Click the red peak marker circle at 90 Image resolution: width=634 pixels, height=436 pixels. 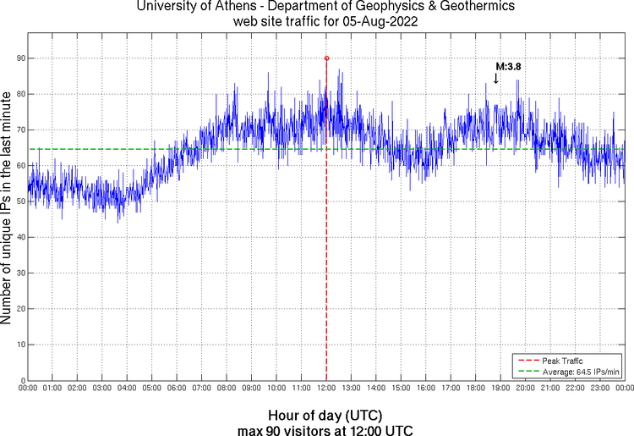pos(326,58)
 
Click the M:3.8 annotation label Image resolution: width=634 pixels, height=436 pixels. pos(507,65)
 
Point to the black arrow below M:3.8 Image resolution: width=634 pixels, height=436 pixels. pos(496,78)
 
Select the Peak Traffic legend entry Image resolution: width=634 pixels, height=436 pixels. pos(562,360)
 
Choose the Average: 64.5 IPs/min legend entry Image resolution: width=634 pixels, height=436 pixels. pos(578,371)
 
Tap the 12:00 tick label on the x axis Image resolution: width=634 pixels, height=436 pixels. pos(326,388)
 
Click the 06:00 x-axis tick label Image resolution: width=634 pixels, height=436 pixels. pos(177,388)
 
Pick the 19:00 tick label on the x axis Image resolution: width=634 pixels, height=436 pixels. pos(500,388)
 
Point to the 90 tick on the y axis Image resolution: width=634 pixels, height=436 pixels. pos(19,58)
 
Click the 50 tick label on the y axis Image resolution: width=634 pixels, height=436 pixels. pos(19,201)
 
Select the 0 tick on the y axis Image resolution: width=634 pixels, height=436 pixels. pos(21,381)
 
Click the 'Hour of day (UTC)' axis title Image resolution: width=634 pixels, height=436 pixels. pos(325,416)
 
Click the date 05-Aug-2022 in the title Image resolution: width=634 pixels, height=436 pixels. pos(380,22)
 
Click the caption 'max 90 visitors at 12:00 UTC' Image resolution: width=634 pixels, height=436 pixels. pos(325,429)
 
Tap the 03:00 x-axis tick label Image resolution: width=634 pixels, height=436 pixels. pos(102,388)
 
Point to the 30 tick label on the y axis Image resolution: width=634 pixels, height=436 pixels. pos(19,273)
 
